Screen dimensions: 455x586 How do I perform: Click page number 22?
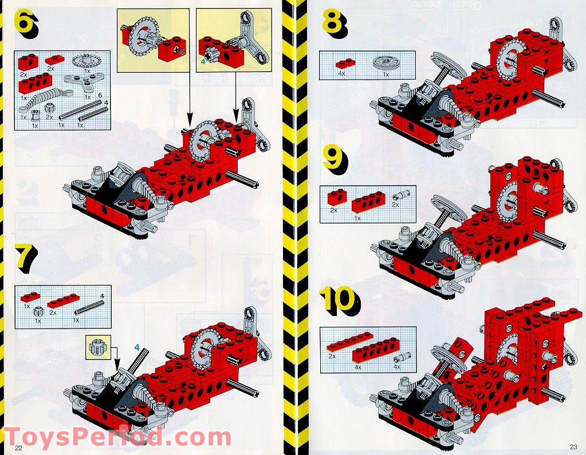(19, 448)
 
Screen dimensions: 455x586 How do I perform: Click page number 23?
(573, 448)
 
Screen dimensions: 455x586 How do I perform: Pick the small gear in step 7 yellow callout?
(96, 348)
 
